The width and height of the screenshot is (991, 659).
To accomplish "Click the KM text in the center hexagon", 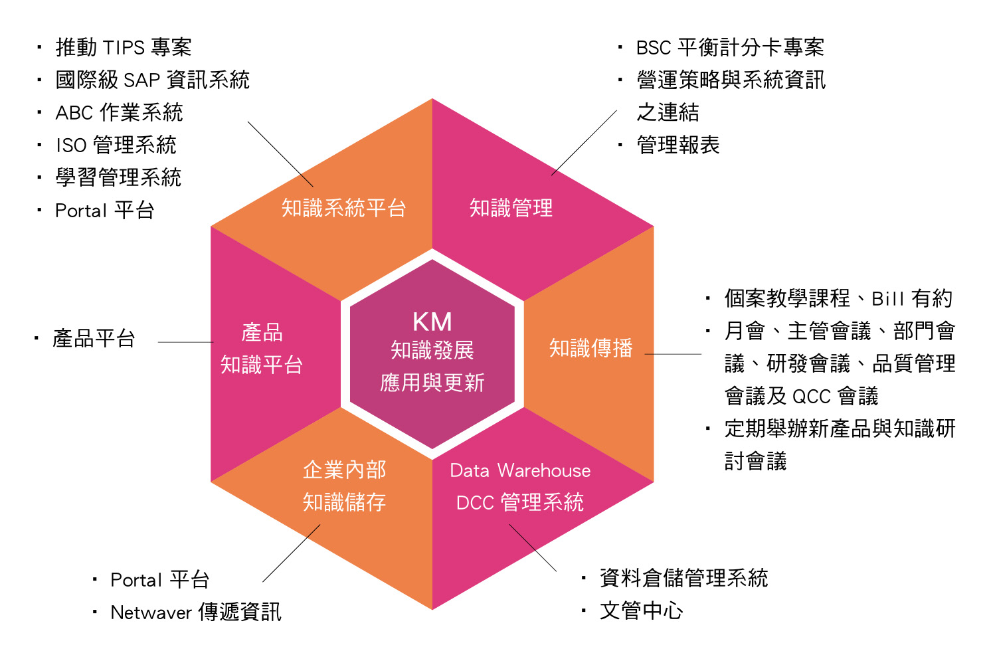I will tap(432, 322).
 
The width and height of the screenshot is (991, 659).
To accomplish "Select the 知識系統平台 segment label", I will tap(343, 209).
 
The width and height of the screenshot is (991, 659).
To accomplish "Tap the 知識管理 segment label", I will tap(511, 209).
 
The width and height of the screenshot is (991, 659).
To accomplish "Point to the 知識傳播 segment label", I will tap(590, 348).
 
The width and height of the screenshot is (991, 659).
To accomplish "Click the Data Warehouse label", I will tap(520, 470).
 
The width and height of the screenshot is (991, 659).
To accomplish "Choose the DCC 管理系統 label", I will tap(520, 502).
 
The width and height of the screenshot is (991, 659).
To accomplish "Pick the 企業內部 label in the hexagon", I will tap(344, 470).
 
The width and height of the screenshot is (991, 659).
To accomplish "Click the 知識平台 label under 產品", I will tap(262, 365).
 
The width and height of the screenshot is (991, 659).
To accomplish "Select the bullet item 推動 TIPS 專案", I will tap(124, 48).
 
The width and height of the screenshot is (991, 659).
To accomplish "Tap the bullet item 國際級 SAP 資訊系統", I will tap(152, 80).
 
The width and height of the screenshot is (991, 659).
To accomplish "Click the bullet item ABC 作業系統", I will tap(119, 113).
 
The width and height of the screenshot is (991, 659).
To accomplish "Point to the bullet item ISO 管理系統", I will tap(116, 145).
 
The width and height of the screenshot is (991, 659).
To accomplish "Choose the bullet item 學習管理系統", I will tap(118, 178).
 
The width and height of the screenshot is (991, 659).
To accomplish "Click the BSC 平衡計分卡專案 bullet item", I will tap(729, 48).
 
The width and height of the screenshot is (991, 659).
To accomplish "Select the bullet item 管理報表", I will tap(677, 145).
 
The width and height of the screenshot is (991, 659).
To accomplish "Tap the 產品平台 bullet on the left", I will tap(94, 339).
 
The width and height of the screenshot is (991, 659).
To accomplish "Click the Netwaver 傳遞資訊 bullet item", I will tap(196, 612).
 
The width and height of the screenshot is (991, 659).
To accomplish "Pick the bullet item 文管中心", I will tap(641, 611).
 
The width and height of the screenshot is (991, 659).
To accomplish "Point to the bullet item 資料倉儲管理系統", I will tap(683, 578).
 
